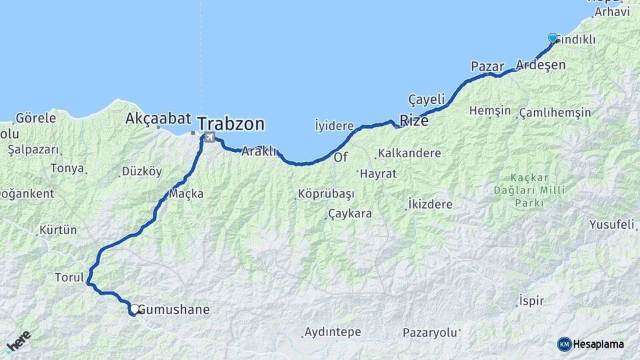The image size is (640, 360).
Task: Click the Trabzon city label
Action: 231,124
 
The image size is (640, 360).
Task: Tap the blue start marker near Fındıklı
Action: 552,38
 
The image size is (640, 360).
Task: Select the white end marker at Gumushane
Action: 135,309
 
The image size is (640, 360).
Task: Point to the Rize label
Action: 413,121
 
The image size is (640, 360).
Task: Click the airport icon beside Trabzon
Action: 210,137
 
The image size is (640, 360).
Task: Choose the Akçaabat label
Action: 159,119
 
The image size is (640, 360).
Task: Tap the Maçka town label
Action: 186,194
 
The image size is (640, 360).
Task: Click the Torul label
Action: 69,277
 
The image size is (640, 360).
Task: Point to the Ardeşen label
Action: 541,65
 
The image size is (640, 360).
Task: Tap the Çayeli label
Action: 426,99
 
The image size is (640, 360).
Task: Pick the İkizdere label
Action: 431,205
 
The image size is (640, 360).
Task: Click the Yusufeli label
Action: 611,225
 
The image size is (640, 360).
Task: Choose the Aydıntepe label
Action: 332,331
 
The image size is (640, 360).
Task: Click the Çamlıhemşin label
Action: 555,112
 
